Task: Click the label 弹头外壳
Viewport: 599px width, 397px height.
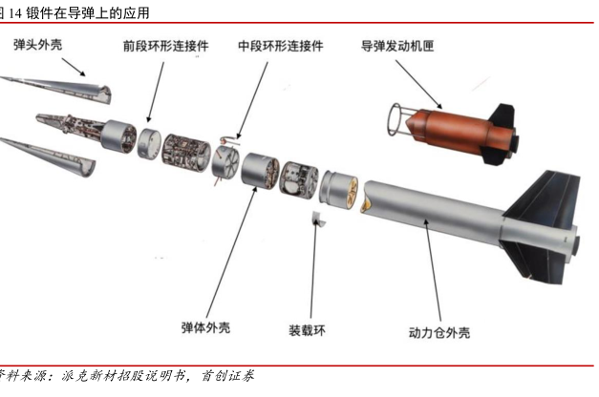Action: tap(37, 44)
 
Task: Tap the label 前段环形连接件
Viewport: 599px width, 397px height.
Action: tap(166, 46)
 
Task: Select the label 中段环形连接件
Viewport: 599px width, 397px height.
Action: tap(281, 46)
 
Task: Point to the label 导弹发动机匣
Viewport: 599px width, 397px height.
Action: tap(397, 46)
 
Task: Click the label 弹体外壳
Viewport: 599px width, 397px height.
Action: tap(205, 327)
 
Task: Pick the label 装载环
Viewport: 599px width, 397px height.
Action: tap(307, 330)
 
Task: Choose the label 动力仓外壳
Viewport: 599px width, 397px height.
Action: tap(439, 332)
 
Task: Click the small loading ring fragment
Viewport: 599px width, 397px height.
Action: tap(318, 219)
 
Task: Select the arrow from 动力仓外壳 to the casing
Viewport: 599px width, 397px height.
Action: tap(433, 270)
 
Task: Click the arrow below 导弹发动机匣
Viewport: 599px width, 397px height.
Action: tap(418, 85)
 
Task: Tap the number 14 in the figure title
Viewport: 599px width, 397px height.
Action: tap(15, 13)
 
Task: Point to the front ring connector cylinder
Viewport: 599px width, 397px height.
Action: tap(149, 143)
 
